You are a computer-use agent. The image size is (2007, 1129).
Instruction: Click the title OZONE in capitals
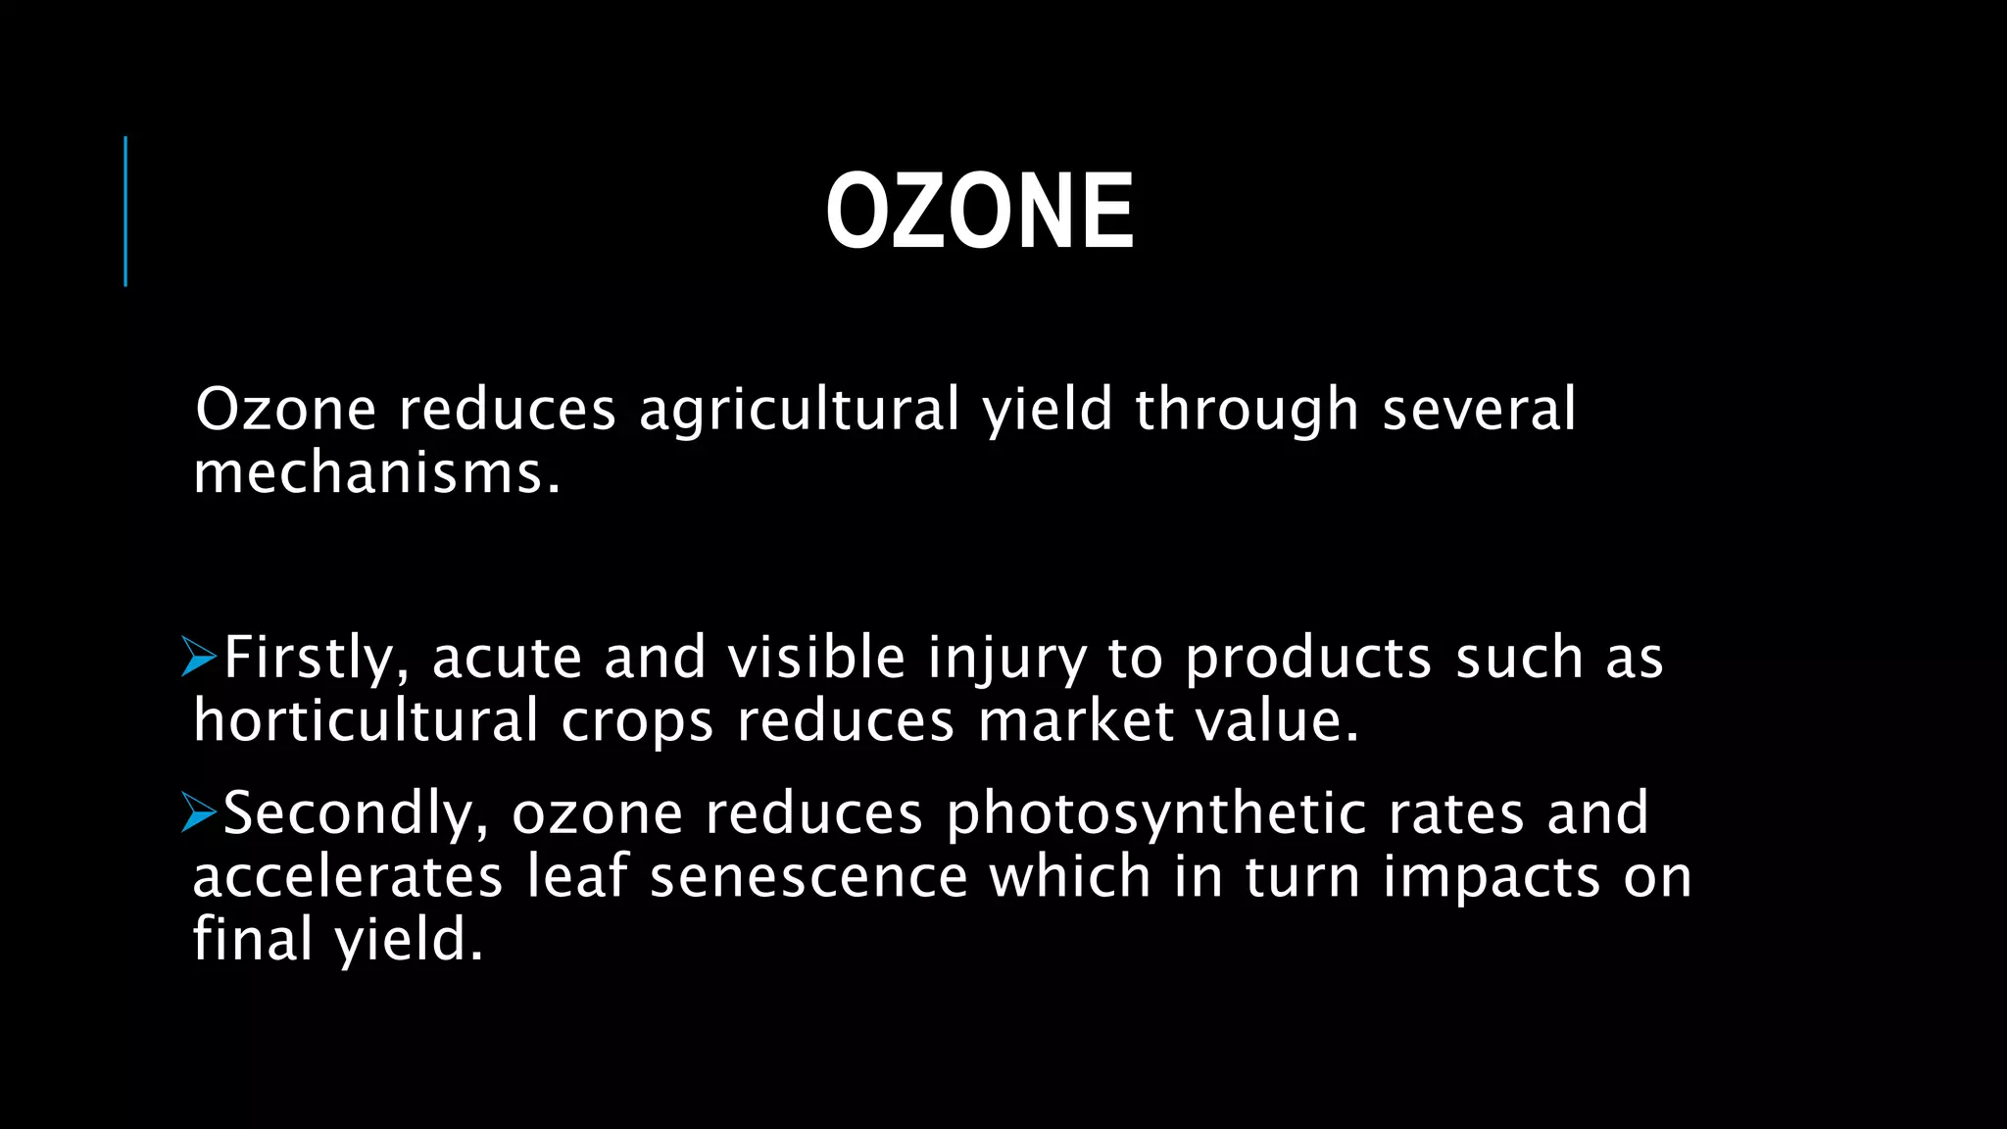point(980,212)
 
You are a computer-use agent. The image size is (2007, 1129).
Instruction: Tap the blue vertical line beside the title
point(125,212)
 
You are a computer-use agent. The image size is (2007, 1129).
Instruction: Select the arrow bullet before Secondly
point(199,813)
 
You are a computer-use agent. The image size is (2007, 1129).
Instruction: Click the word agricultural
point(799,410)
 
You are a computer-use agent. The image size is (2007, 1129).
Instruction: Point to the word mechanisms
point(376,473)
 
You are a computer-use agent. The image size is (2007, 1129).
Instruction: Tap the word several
point(1479,410)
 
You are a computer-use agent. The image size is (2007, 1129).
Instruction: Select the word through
point(1247,410)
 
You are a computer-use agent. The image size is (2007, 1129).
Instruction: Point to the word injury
point(1006,659)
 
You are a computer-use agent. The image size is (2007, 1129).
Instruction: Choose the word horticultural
point(366,721)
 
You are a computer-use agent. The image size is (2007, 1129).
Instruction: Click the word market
point(1076,721)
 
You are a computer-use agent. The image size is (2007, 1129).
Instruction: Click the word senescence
point(808,876)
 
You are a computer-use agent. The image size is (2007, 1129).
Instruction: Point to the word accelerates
point(347,876)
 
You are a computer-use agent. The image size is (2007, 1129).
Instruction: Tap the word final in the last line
point(252,939)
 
